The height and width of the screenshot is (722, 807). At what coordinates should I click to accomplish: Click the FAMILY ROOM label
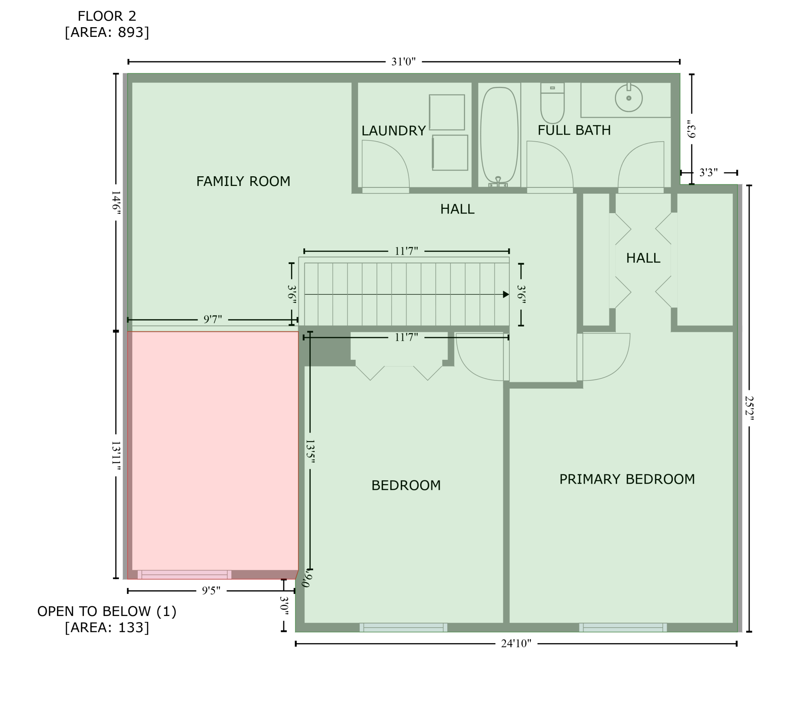pos(243,181)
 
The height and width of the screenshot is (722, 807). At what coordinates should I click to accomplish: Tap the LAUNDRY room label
pos(393,130)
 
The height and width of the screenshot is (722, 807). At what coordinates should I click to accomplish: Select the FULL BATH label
pos(574,130)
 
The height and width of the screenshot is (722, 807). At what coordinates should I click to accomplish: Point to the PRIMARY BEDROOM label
pos(627,479)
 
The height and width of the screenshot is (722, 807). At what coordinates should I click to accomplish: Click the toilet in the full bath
pos(552,103)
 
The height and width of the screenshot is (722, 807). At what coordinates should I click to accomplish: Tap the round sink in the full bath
pos(629,97)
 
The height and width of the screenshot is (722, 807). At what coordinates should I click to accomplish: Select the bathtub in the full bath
pos(499,136)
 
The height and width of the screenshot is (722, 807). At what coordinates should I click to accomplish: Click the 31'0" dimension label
pos(403,61)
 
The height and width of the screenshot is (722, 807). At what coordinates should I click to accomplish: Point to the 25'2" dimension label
pos(749,408)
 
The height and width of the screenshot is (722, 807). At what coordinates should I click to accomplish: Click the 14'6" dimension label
pos(116,203)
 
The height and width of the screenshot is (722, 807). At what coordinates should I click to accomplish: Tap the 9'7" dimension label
pos(213,319)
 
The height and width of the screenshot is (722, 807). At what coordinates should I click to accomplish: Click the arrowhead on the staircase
pos(506,294)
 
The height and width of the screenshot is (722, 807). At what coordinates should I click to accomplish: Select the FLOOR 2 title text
pos(107,16)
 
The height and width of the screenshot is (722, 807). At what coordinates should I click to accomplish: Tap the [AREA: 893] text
pos(107,32)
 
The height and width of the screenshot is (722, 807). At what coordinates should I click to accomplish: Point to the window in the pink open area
pos(184,574)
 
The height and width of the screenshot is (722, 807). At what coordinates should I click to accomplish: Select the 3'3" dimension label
pos(708,173)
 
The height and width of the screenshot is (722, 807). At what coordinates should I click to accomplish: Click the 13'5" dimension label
pos(310,451)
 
